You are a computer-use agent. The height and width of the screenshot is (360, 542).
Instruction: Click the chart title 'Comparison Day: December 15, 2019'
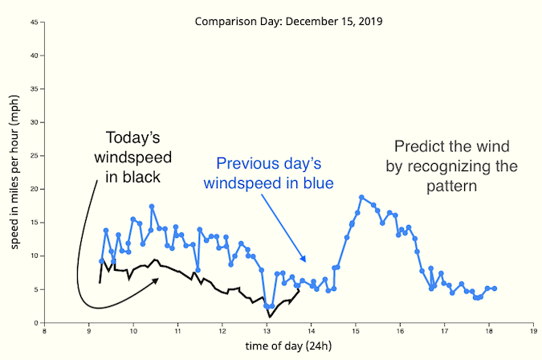point(288,20)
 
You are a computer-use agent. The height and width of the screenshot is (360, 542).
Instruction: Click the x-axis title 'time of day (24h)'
point(288,346)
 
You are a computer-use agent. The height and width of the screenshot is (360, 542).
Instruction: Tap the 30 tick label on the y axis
point(35,122)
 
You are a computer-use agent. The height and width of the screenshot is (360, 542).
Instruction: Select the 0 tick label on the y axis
point(38,322)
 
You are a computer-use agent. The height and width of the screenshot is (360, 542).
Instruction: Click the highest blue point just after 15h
point(362,197)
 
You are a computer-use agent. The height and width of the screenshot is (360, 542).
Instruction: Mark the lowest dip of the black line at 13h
point(270,316)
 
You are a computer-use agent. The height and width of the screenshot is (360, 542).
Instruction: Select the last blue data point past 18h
point(495,288)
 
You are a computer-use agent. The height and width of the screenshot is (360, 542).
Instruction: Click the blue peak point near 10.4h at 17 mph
point(152,207)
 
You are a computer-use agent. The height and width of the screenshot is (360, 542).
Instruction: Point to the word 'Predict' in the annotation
point(417,147)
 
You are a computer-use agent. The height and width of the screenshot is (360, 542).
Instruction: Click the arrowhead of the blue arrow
point(304,261)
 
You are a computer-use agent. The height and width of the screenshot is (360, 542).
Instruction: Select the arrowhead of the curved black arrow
point(158,280)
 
